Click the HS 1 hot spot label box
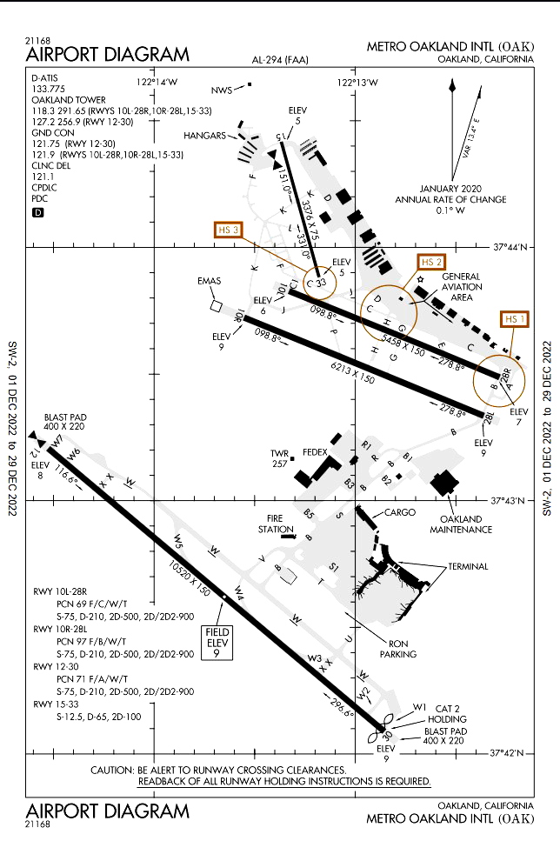(515, 319)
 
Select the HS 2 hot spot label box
(431, 262)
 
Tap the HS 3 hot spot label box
(229, 230)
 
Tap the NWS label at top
(223, 90)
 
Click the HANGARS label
(204, 136)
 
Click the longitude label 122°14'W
(157, 82)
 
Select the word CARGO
(400, 512)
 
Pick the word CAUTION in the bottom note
(112, 770)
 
